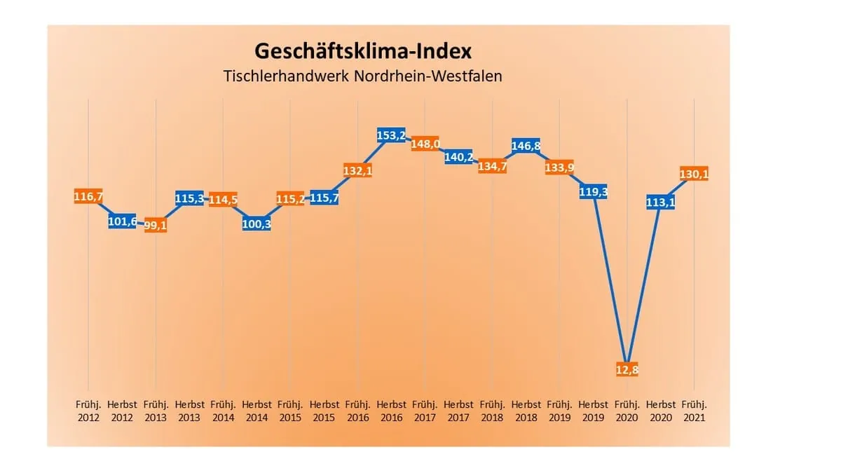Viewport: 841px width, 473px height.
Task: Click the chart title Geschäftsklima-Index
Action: [362, 51]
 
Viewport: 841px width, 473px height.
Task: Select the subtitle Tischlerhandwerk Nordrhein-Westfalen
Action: [362, 76]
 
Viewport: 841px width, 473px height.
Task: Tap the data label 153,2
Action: [392, 136]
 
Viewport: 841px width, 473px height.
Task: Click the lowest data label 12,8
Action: [627, 369]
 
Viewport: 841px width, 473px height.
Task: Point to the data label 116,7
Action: [88, 198]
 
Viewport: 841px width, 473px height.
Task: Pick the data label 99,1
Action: [156, 226]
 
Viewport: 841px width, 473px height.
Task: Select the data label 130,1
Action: [695, 174]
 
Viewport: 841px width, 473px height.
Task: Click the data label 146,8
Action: [526, 146]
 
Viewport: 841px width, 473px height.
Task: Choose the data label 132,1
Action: [357, 170]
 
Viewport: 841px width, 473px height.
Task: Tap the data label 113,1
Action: [660, 203]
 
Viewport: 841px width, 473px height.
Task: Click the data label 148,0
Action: [425, 144]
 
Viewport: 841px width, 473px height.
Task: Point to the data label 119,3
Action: [593, 191]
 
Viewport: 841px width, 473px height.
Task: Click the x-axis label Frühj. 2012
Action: [88, 411]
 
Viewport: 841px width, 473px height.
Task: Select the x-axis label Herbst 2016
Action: [391, 411]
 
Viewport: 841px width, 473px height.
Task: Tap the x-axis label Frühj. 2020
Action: [627, 411]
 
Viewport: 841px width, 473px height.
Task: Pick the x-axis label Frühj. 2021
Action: [694, 411]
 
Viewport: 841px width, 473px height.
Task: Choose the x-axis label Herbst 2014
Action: [257, 411]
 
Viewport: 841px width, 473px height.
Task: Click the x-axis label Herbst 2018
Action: [526, 411]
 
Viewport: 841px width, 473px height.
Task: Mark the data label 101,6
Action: [122, 222]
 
